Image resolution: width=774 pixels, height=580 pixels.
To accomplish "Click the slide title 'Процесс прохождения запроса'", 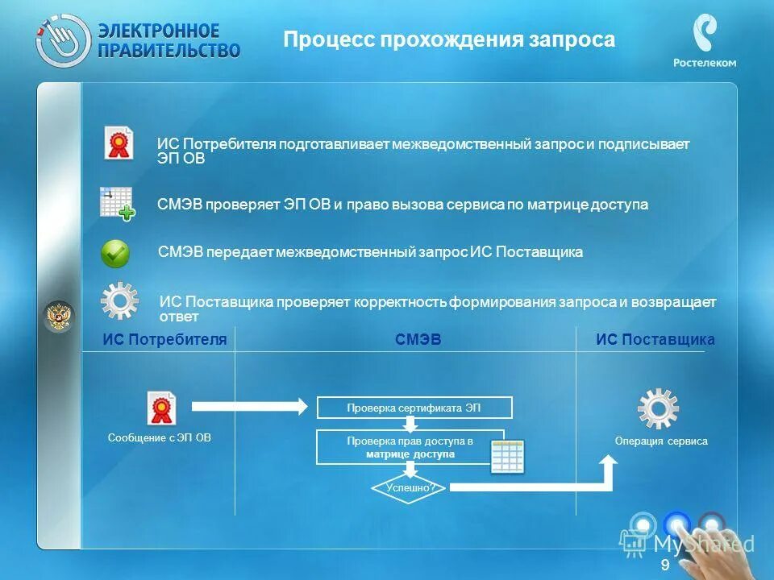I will coord(449,40).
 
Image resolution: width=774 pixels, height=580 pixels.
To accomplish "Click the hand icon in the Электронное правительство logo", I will coord(63,39).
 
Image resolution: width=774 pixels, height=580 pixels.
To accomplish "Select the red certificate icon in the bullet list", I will coord(119,143).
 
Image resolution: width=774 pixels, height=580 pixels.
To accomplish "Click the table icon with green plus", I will coord(116,203).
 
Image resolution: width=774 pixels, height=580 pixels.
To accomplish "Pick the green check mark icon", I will coord(115,253).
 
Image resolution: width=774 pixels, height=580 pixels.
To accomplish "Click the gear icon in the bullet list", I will coord(119,300).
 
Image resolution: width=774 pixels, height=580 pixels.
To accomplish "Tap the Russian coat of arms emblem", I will coord(58,316).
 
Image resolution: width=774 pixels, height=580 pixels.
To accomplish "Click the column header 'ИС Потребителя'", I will coord(164,340).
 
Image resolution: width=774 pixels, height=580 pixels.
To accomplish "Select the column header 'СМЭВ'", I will coord(418,340).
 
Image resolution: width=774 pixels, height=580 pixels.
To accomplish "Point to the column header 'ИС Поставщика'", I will coord(655,340).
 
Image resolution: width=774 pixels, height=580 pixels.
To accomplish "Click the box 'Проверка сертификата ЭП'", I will coord(414,408).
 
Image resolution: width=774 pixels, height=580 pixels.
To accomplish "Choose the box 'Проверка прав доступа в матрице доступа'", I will coord(410,448).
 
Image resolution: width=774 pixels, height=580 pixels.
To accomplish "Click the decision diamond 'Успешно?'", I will coord(410,487).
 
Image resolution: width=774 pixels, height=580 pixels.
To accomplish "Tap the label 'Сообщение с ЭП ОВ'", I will coord(159,438).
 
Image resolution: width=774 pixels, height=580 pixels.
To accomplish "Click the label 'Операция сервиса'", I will coord(660,441).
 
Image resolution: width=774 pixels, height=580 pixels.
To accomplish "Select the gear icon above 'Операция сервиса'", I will coord(658,408).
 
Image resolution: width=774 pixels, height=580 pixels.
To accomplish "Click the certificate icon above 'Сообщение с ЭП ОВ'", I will coord(161,408).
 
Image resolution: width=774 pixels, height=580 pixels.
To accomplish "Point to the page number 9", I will coord(664,565).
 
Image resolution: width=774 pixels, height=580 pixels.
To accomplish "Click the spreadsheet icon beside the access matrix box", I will coord(508,457).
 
